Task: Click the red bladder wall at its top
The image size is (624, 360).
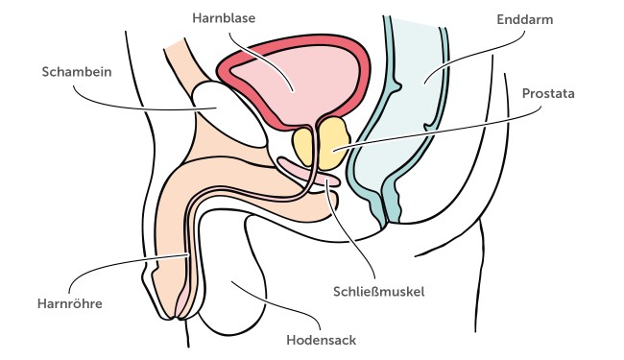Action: (x=288, y=43)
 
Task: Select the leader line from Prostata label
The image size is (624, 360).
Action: (x=432, y=125)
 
